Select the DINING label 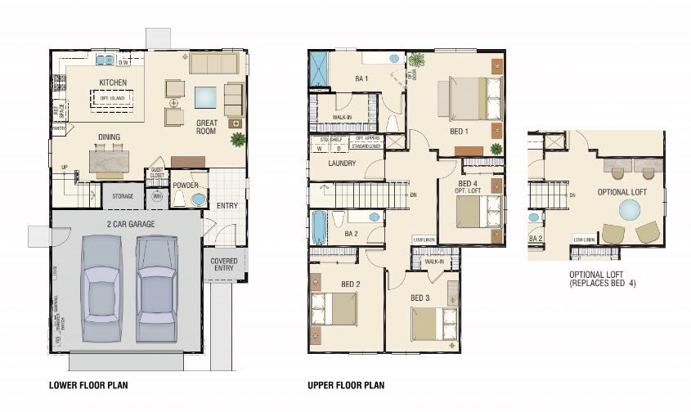point(110,137)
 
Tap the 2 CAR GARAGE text point(125,224)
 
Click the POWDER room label point(186,186)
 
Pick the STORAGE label point(123,196)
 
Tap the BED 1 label point(458,131)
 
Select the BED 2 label point(350,284)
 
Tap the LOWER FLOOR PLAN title point(88,385)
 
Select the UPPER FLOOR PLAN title point(346,385)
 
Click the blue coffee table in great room point(204,96)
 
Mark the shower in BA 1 point(317,69)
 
